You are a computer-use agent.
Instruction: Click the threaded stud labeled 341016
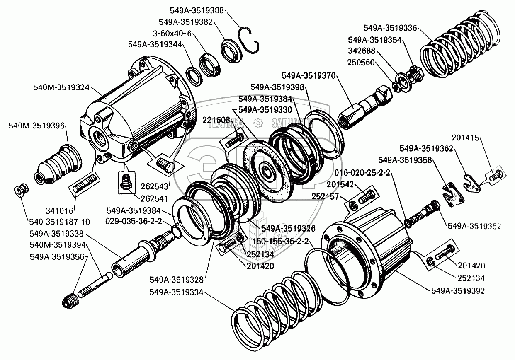point(86,184)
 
